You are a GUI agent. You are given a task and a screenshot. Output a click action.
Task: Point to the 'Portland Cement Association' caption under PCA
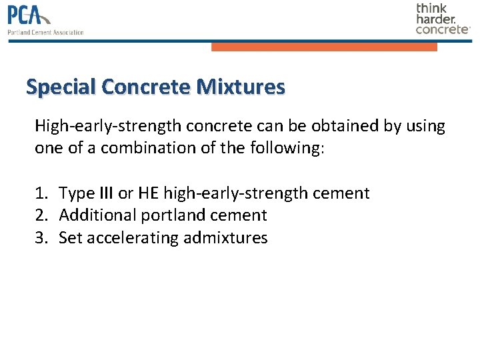[45, 32]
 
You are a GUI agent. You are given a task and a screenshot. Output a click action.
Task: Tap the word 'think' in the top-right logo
[432, 8]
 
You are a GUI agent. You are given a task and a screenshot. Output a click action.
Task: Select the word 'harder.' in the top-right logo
[436, 19]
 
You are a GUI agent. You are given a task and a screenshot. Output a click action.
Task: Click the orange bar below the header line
[324, 47]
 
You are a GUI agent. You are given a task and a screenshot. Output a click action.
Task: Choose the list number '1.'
[41, 193]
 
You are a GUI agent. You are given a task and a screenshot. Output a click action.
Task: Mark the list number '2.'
[41, 215]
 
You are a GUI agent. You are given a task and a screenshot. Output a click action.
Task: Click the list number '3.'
[41, 237]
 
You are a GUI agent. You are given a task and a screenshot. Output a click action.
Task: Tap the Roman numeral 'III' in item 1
[106, 193]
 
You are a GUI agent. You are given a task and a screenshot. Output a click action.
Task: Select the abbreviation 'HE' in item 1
[148, 193]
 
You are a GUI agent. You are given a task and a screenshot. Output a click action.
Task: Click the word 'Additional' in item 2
[97, 215]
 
